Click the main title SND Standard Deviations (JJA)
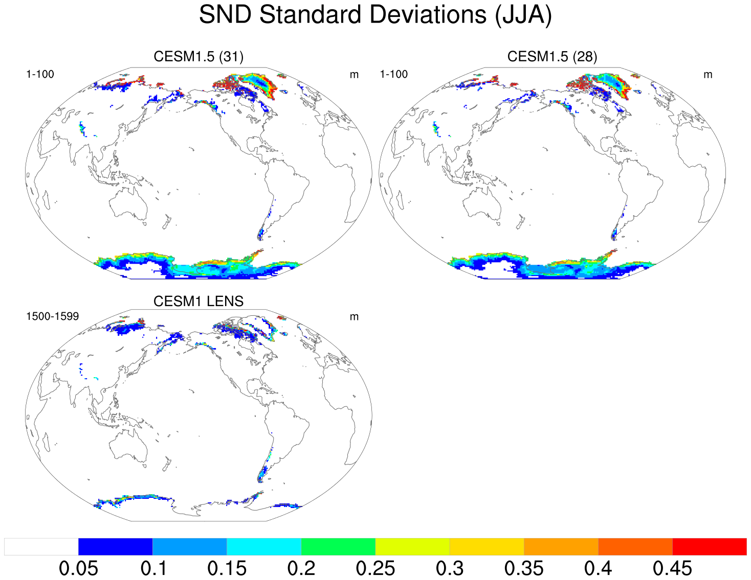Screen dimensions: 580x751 tap(375, 14)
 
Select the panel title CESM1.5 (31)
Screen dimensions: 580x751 tap(198, 56)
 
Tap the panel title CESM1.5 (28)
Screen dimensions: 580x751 tap(552, 56)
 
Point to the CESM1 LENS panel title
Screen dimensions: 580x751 tap(198, 301)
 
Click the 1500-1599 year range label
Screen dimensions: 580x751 tap(52, 316)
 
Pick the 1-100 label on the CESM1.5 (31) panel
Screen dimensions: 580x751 tap(40, 74)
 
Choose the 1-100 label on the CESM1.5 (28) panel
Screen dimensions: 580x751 tap(393, 74)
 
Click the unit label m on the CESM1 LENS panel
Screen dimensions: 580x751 tap(354, 317)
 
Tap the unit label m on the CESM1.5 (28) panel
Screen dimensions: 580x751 tap(708, 75)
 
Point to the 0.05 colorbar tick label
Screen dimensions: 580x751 tap(78, 568)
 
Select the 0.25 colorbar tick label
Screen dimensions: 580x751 tap(375, 568)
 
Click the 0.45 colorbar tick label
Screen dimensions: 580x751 tap(672, 568)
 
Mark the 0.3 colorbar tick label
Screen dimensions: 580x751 tap(450, 568)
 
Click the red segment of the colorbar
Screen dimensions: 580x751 tap(709, 546)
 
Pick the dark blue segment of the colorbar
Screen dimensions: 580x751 tap(115, 546)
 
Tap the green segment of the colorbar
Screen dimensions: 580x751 tap(338, 546)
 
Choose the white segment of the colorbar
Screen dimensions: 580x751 tap(41, 546)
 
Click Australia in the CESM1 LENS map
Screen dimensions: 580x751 tap(128, 447)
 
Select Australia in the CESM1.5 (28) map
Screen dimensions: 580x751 tap(482, 204)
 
